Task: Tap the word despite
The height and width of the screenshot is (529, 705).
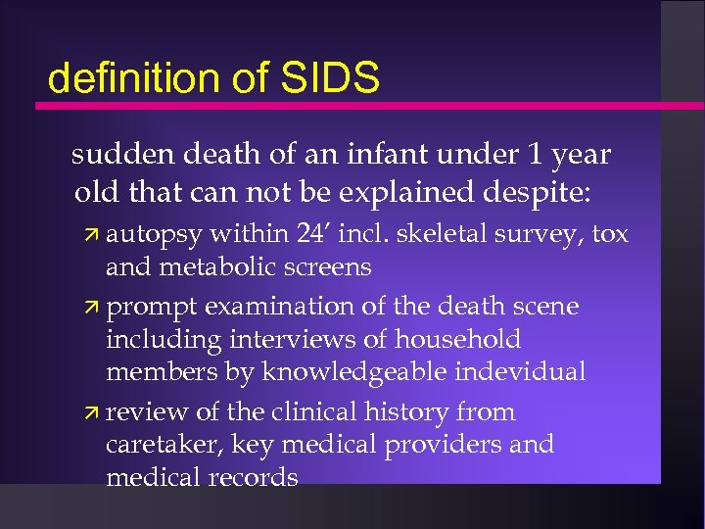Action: point(543,189)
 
